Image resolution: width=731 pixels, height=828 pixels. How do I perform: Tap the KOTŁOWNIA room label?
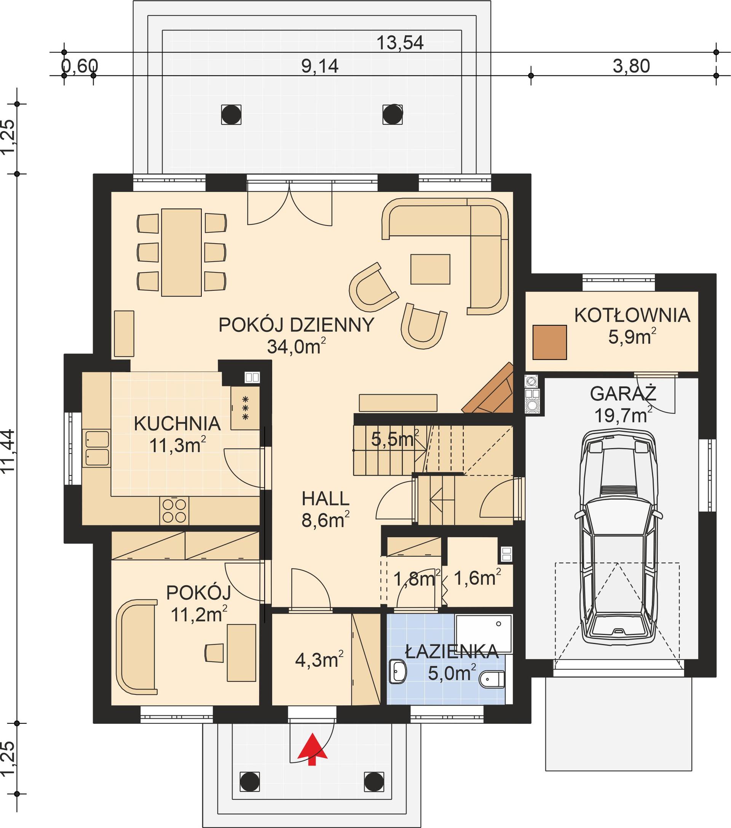632,315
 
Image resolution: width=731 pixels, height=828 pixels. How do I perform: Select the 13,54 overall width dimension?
400,43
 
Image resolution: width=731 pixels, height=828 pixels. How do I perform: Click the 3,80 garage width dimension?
631,66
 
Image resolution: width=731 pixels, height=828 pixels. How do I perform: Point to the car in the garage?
618,539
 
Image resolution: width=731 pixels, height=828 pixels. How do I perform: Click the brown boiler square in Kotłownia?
549,342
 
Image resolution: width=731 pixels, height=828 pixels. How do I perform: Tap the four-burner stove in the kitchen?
174,510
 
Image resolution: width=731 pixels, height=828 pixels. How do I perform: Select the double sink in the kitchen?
97,448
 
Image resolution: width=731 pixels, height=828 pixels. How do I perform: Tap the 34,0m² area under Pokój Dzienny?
296,347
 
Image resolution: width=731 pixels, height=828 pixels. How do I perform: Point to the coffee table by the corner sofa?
430,269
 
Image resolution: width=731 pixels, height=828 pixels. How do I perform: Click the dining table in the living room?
181,252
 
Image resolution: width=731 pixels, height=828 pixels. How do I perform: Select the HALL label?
326,498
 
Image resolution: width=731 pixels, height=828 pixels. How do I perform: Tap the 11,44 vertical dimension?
9,450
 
